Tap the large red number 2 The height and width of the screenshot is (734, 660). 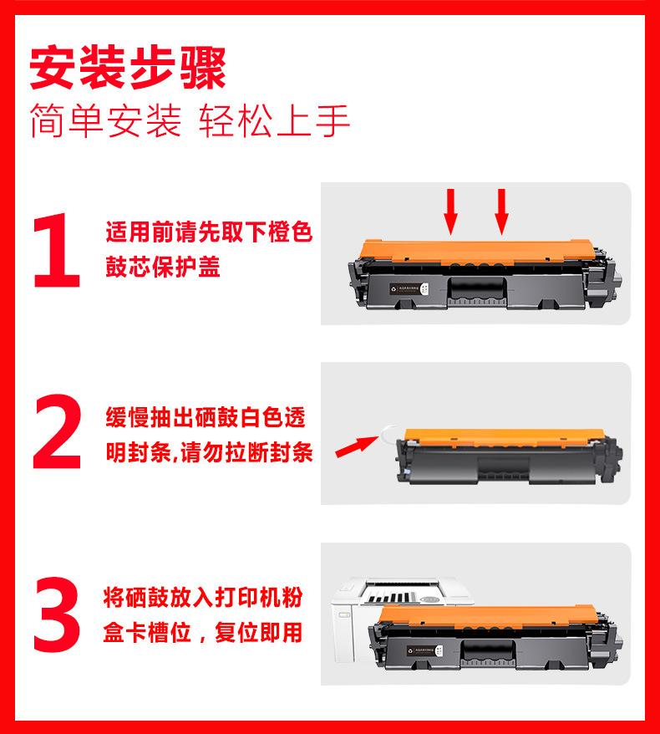click(x=57, y=431)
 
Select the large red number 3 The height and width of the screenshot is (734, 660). click(x=57, y=614)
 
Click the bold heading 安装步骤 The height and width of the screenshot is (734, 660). click(x=128, y=68)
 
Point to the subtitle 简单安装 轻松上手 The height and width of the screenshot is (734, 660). click(x=190, y=120)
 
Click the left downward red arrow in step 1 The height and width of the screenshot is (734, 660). click(x=451, y=212)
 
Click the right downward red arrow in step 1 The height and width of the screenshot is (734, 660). click(x=502, y=212)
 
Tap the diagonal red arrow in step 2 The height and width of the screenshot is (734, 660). click(x=357, y=446)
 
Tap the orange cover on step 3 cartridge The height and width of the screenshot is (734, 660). click(x=488, y=615)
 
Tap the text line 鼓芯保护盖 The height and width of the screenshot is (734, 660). click(x=163, y=267)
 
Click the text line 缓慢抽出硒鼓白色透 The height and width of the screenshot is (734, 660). click(x=206, y=417)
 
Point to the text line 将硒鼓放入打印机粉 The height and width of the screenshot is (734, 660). click(x=203, y=597)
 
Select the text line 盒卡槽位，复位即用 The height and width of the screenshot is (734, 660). click(x=203, y=632)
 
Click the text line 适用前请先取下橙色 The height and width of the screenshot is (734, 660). click(x=209, y=232)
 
